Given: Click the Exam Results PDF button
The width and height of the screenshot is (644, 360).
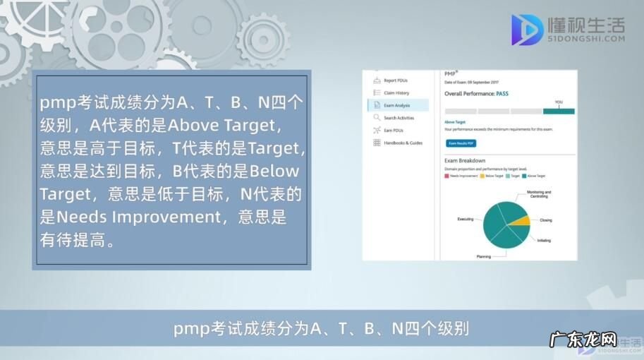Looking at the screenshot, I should [461, 143].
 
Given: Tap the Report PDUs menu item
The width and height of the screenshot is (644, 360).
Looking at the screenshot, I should [395, 80].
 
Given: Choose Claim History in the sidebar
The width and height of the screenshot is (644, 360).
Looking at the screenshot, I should [396, 92].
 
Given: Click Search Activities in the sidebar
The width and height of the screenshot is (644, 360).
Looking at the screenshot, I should [399, 118].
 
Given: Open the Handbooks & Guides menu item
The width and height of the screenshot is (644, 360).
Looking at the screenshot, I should [403, 143].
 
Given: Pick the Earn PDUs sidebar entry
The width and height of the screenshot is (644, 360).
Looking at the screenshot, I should [393, 130].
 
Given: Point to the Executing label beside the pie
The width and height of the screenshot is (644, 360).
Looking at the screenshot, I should [466, 219].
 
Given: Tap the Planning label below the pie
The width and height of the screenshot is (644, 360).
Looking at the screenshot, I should [484, 256].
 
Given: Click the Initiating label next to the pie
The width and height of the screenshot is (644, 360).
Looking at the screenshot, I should [544, 240].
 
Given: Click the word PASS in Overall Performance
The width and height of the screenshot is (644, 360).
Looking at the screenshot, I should [502, 93].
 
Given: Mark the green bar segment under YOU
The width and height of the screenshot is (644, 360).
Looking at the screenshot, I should [559, 111].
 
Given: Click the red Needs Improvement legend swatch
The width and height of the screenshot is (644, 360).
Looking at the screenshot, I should [446, 176].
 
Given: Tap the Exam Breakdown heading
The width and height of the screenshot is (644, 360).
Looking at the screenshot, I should [464, 161].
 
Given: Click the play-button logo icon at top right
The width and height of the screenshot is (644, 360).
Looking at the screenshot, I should [527, 30].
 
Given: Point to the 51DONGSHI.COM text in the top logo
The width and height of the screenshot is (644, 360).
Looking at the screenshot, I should [586, 39].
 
